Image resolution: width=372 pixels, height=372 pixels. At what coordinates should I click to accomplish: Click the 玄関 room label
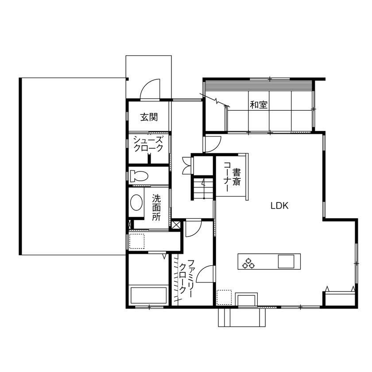coord(149,117)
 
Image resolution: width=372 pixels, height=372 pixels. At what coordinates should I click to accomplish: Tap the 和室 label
coord(258,105)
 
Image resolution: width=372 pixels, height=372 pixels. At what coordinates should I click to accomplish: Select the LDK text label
coord(279,205)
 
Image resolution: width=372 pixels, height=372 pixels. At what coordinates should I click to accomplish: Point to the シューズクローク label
coord(148,143)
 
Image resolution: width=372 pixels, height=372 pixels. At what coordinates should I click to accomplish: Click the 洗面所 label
coord(156,207)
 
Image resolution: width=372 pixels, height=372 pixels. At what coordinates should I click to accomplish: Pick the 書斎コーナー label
coord(232,177)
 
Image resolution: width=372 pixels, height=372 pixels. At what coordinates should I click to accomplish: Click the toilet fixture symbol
coord(139,175)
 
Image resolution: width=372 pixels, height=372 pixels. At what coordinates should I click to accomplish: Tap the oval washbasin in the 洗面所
coord(137,204)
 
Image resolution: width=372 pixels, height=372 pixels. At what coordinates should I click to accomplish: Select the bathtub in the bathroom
coord(148,295)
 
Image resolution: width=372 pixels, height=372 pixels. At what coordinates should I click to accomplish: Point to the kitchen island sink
coord(286,261)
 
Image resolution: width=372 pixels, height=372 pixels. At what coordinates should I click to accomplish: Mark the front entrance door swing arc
coord(149,89)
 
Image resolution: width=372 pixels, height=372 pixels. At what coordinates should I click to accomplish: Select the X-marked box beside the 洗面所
coord(176,225)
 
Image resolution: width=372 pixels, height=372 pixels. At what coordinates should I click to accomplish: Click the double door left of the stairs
coord(186,165)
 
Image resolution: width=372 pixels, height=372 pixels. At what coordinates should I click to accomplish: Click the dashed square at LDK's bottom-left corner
coord(224,297)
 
